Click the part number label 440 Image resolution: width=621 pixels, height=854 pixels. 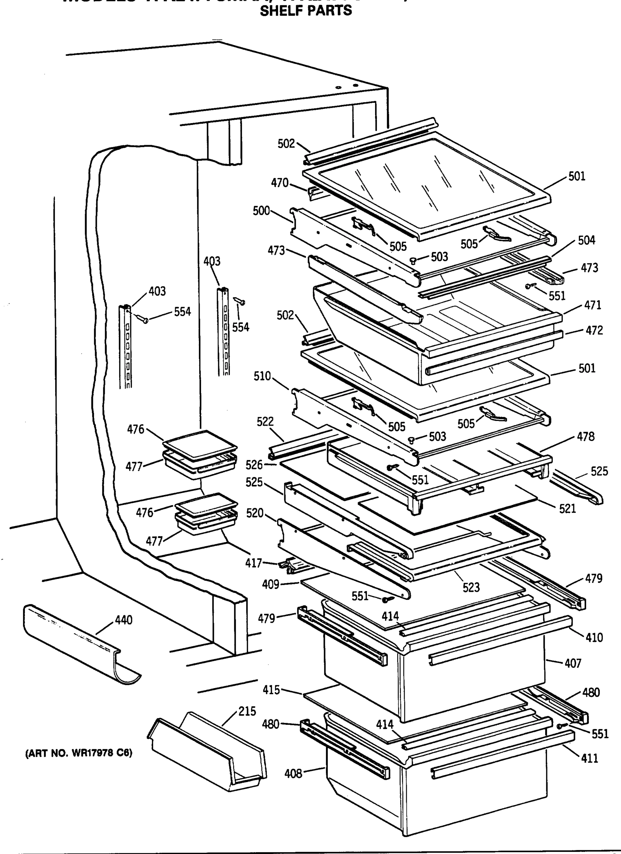[x=123, y=620]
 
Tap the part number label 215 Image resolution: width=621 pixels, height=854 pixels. [x=247, y=711]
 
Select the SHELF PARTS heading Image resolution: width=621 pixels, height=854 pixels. [x=306, y=11]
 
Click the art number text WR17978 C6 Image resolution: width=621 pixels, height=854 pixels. [x=79, y=753]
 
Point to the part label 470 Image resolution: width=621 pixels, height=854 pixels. [x=279, y=183]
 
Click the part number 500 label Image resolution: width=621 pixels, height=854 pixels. [x=261, y=211]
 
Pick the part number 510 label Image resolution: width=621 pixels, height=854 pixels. [x=262, y=376]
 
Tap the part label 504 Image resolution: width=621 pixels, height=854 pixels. [x=586, y=240]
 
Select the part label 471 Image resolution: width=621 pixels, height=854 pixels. [x=593, y=305]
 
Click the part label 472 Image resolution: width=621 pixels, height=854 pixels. [x=594, y=330]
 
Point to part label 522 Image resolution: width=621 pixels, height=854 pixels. [x=265, y=421]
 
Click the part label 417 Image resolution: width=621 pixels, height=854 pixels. [x=253, y=563]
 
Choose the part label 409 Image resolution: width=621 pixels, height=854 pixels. [x=270, y=584]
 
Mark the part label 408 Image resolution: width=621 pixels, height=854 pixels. [x=293, y=774]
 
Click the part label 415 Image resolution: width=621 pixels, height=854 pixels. [x=272, y=690]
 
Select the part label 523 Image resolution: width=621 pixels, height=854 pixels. [x=471, y=587]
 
